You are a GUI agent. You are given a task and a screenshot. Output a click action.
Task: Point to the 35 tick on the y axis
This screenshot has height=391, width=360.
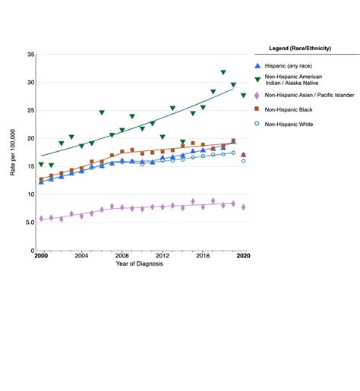pos(30,55)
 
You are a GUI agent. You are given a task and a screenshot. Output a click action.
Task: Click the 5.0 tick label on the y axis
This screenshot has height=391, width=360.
pos(29,222)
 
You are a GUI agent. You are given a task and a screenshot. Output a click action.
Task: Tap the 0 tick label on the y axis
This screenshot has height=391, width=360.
pos(32,251)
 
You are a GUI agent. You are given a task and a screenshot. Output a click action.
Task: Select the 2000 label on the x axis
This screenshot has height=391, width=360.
pos(41,257)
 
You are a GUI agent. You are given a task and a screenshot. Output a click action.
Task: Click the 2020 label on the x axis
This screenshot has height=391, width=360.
pos(243,257)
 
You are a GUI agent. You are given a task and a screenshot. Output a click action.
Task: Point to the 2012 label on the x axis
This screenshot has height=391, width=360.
pos(163,257)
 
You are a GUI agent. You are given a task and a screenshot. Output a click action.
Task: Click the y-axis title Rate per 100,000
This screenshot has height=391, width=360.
pos(13,153)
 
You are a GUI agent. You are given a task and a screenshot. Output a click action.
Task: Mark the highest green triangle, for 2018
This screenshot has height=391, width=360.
pos(223,73)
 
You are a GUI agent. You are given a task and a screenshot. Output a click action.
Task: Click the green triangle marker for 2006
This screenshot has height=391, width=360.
pos(102,112)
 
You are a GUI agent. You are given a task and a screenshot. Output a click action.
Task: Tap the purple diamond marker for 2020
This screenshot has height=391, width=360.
pos(243,207)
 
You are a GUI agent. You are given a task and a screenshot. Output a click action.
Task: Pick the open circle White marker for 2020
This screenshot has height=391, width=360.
pos(243,161)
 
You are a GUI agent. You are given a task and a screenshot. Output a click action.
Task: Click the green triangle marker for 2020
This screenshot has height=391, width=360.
pos(243,96)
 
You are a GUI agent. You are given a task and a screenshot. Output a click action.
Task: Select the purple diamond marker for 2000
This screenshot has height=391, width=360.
pos(41,219)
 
